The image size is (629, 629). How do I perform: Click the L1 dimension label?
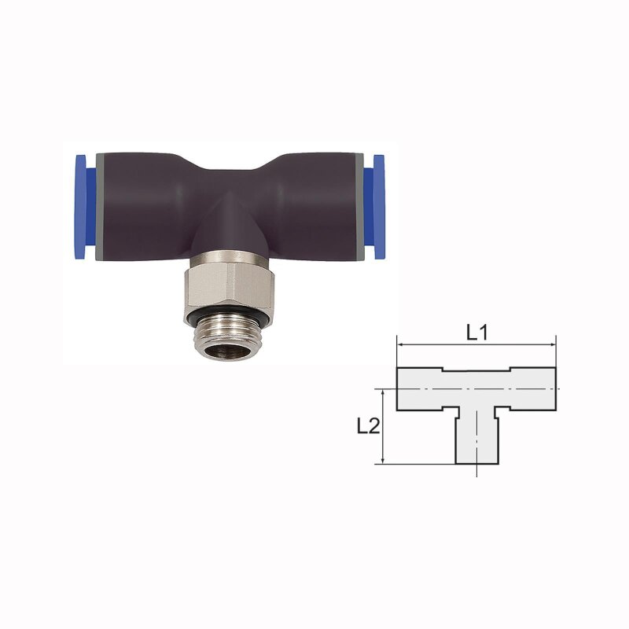tap(477, 332)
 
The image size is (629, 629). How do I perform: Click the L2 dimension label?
tap(368, 426)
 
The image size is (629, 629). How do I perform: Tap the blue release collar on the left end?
tap(86, 207)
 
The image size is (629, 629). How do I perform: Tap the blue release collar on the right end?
tap(374, 207)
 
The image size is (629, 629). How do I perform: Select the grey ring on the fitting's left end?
tap(100, 207)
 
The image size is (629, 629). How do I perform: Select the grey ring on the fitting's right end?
tap(360, 207)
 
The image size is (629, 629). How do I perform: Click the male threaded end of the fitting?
tap(228, 338)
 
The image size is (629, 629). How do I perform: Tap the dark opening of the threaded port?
tap(227, 351)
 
